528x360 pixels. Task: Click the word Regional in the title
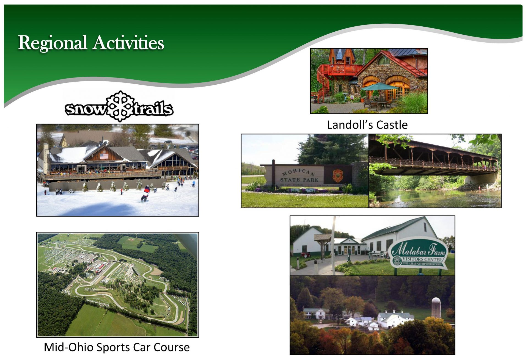pos(52,43)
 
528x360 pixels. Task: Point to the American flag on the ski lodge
pos(104,156)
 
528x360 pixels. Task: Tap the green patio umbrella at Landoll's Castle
pos(379,87)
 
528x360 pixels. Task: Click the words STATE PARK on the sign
pos(299,180)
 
